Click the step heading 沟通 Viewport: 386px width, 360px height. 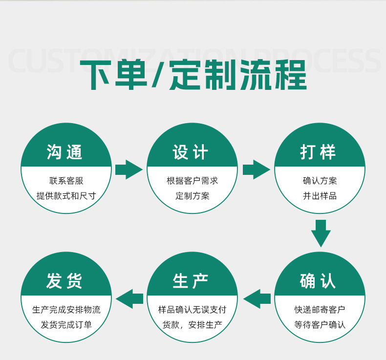65,152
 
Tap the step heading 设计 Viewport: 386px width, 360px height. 191,152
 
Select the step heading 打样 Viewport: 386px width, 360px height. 319,152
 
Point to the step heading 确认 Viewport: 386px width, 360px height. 319,281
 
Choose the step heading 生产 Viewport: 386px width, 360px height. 191,281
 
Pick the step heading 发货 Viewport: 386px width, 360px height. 65,281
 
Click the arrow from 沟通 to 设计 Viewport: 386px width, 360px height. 129,169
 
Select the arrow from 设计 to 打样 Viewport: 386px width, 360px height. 256,169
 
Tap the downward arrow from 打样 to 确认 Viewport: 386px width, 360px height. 321,233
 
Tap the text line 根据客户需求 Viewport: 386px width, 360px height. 193,181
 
